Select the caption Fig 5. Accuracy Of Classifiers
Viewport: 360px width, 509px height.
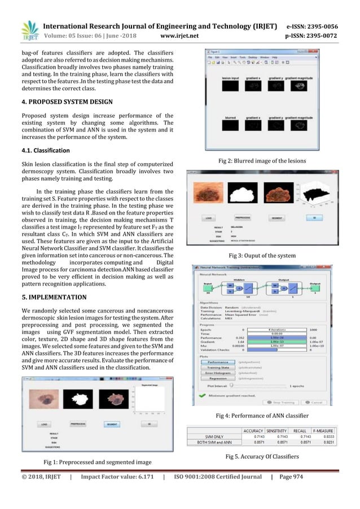pyautogui.click(x=261, y=455)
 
